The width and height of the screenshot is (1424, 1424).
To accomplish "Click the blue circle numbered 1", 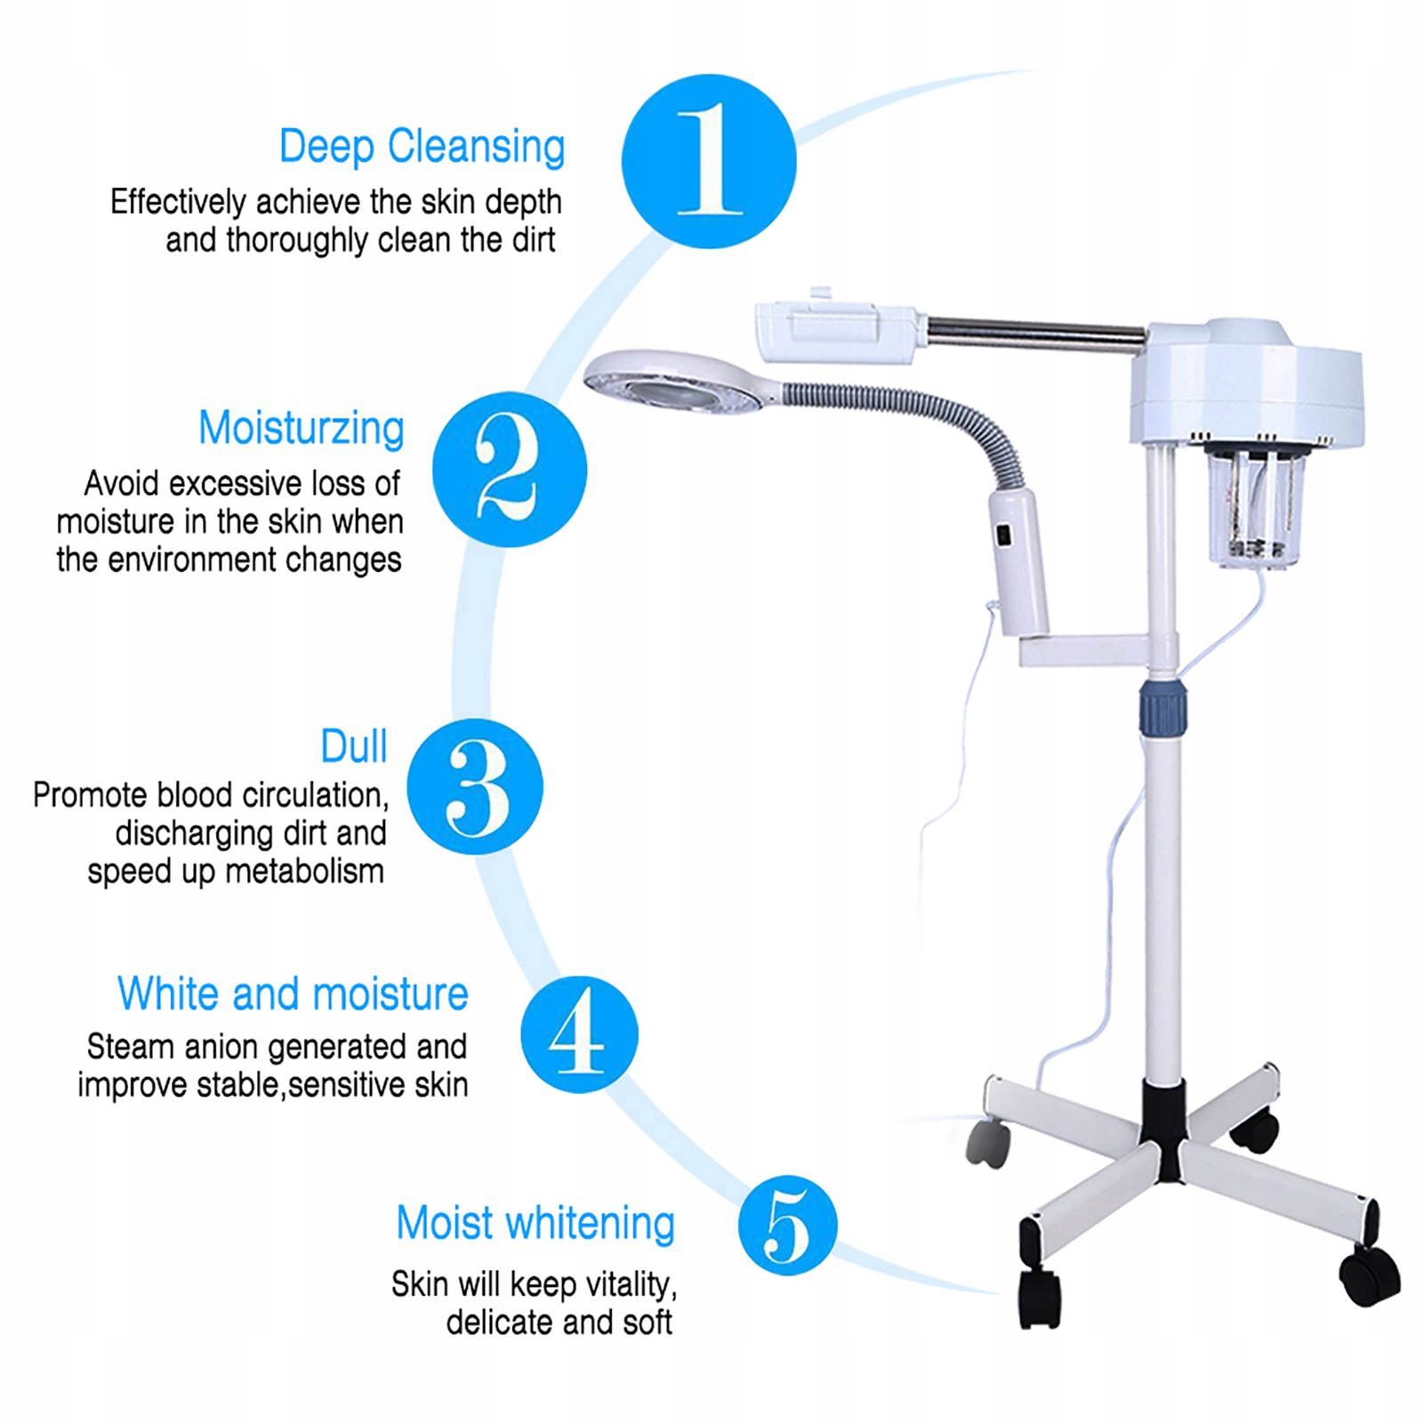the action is (709, 162).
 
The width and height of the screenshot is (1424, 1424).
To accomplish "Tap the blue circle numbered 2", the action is (510, 470).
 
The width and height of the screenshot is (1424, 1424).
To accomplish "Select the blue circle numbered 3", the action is (475, 786).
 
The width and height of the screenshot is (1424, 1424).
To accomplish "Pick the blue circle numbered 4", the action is (579, 1034).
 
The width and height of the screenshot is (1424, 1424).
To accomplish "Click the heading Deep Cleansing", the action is (422, 147).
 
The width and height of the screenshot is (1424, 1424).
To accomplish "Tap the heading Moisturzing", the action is (302, 429).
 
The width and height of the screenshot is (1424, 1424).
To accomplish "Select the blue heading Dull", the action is (354, 746).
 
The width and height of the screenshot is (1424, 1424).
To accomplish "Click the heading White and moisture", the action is (293, 994).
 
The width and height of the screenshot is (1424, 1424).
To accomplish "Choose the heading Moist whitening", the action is (535, 1223).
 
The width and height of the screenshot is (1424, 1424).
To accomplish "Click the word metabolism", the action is (304, 871).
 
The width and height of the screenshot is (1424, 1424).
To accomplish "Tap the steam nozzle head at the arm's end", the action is (835, 333).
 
